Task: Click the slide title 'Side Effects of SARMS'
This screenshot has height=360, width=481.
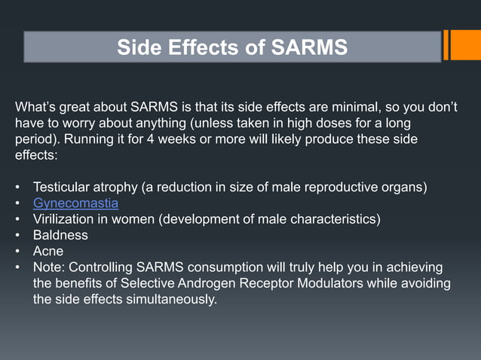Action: pos(232,47)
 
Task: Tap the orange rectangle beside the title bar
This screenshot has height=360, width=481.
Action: pos(461,45)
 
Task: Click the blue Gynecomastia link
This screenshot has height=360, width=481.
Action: pos(75,203)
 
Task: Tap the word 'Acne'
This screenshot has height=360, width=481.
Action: pos(48,252)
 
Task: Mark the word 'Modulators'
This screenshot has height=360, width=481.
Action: pos(320,284)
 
